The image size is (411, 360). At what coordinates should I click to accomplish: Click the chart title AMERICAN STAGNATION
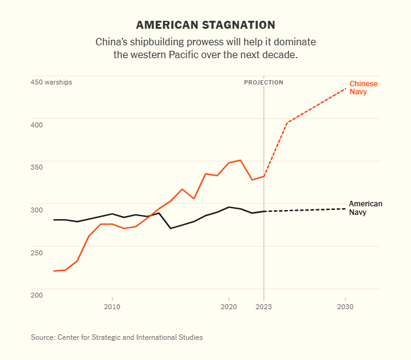coord(205,25)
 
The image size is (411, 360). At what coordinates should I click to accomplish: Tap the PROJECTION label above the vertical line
coord(263,82)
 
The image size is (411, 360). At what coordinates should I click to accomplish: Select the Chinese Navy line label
coord(363,88)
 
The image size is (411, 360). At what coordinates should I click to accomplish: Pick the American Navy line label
coord(365,208)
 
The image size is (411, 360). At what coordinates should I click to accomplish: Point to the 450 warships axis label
coord(51,82)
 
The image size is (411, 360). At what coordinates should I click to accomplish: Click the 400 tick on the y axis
coord(37,125)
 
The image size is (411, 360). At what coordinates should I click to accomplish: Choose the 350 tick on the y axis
coord(37,167)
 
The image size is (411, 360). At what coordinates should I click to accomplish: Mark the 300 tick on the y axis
coord(37,210)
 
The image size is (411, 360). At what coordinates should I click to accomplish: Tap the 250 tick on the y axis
coord(37,252)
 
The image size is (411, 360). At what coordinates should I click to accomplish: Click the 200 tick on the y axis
coord(37,295)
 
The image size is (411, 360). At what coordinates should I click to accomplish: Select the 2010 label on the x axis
coord(112,306)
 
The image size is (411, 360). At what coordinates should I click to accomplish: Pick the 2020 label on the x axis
coord(228,306)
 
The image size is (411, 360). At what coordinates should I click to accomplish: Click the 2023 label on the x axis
coord(264,306)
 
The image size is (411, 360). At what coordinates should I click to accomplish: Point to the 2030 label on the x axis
coord(345,306)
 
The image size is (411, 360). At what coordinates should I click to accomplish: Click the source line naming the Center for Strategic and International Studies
coord(116,337)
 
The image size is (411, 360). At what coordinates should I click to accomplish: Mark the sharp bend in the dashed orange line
coord(287,122)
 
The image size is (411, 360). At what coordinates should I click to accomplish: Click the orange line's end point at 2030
coord(345,89)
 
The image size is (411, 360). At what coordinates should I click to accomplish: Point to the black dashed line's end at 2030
coord(345,209)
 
